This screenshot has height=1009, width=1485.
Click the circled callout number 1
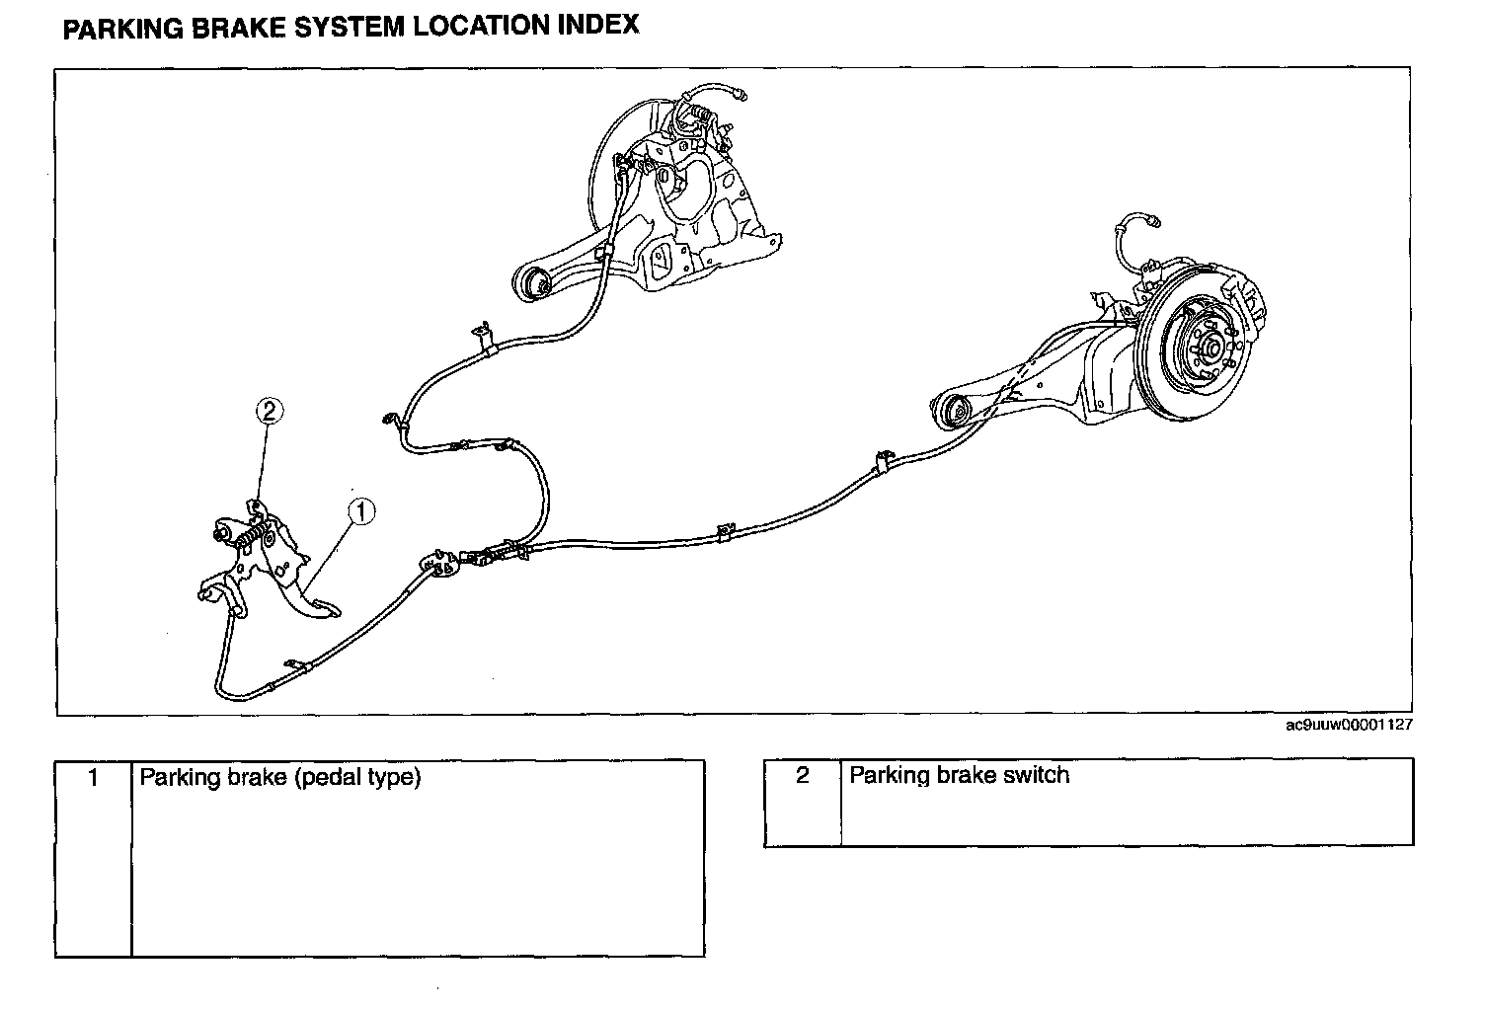(361, 510)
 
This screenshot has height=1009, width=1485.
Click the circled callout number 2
(268, 411)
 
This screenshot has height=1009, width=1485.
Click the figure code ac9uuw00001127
(1348, 725)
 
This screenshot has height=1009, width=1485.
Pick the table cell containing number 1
(93, 857)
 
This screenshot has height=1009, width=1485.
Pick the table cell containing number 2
(802, 802)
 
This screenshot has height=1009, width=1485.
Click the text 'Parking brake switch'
(959, 775)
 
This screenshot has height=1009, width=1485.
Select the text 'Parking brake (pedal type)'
(280, 777)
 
